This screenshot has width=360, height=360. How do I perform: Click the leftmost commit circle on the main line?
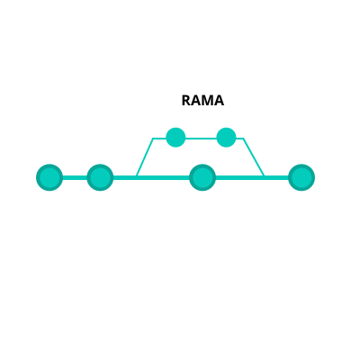pyautogui.click(x=49, y=177)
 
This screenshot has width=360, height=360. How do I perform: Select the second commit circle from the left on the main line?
pyautogui.click(x=100, y=177)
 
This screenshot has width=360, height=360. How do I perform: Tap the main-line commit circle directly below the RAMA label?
pyautogui.click(x=202, y=177)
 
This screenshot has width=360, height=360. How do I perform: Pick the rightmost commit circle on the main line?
pyautogui.click(x=301, y=177)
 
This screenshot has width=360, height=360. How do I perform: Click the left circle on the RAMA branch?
pyautogui.click(x=175, y=138)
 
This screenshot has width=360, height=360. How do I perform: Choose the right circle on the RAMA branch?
pyautogui.click(x=226, y=138)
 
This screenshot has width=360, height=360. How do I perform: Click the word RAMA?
pyautogui.click(x=202, y=101)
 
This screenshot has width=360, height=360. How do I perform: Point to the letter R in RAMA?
pyautogui.click(x=186, y=101)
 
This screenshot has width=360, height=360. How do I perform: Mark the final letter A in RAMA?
pyautogui.click(x=219, y=101)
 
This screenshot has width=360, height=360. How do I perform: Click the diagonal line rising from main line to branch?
pyautogui.click(x=145, y=157)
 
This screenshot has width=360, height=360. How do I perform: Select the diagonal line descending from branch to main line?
pyautogui.click(x=254, y=157)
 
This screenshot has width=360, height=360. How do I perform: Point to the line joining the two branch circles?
pyautogui.click(x=201, y=139)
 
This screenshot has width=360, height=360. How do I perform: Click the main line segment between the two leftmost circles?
pyautogui.click(x=75, y=177)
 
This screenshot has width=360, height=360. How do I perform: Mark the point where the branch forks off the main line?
pyautogui.click(x=137, y=176)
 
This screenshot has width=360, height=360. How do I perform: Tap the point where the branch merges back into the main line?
pyautogui.click(x=264, y=176)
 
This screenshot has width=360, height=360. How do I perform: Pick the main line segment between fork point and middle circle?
pyautogui.click(x=163, y=177)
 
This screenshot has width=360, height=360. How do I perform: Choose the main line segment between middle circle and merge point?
pyautogui.click(x=239, y=177)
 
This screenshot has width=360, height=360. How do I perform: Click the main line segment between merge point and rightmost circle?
pyautogui.click(x=276, y=177)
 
